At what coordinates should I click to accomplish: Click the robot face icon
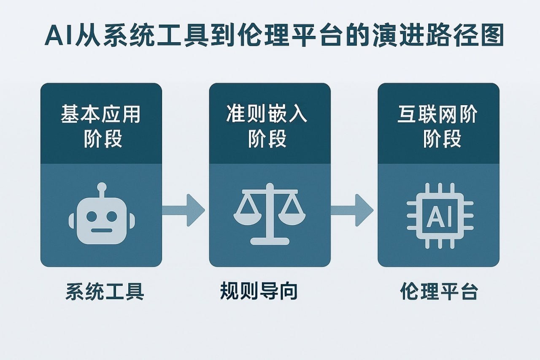pyautogui.click(x=101, y=215)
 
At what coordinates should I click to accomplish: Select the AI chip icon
pyautogui.click(x=439, y=216)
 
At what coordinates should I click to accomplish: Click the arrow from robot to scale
pyautogui.click(x=184, y=210)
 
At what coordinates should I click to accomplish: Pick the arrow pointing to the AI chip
pyautogui.click(x=352, y=210)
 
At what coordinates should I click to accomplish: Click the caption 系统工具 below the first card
pyautogui.click(x=105, y=292)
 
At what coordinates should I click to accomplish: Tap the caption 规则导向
pyautogui.click(x=259, y=292)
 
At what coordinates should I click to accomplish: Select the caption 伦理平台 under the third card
pyautogui.click(x=439, y=292)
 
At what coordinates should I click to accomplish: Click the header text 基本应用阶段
pyautogui.click(x=101, y=126)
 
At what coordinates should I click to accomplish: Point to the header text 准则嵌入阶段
pyautogui.click(x=270, y=126)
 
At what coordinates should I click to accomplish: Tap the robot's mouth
pyautogui.click(x=101, y=230)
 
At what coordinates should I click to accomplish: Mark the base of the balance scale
pyautogui.click(x=270, y=241)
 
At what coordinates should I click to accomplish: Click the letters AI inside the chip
pyautogui.click(x=439, y=216)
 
